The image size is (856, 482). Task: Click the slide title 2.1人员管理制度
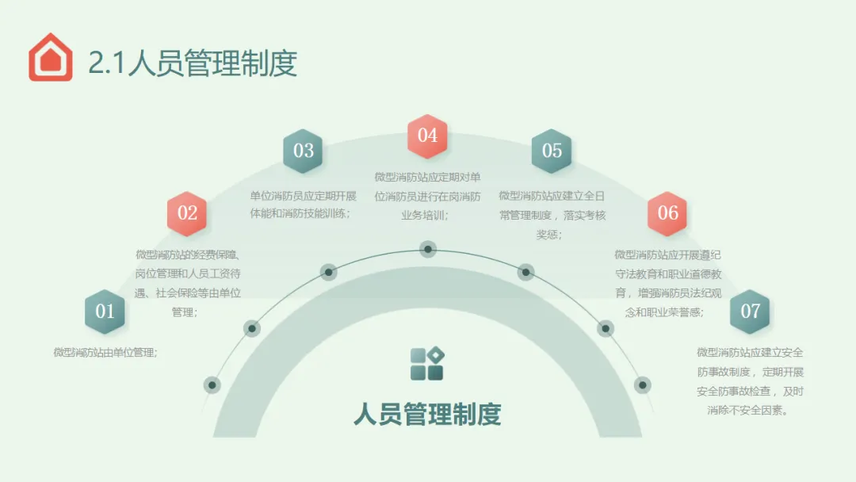[193, 63]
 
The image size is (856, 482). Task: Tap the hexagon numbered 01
[105, 312]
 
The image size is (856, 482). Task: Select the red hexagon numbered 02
[187, 213]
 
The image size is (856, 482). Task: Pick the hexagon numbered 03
[304, 151]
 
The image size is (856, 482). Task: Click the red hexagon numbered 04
[427, 136]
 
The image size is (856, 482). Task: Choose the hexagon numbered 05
[552, 151]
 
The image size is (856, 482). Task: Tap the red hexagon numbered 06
[667, 213]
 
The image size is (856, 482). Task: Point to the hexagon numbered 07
[750, 312]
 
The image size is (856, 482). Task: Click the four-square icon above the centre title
[427, 364]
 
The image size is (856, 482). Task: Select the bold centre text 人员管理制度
[427, 414]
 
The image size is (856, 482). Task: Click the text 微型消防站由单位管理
[105, 353]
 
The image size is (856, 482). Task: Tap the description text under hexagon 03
[304, 205]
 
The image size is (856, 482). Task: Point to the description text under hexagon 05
[552, 214]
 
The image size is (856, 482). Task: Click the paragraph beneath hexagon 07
[750, 381]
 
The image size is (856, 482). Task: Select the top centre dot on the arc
[428, 249]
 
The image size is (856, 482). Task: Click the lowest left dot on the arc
[212, 385]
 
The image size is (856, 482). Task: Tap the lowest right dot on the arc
[643, 385]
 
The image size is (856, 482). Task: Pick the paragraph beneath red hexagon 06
[667, 283]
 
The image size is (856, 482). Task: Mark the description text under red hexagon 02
[187, 283]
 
